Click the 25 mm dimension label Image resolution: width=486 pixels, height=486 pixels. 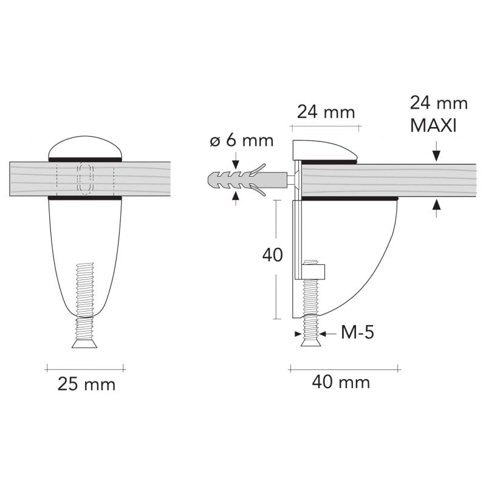tap(86, 385)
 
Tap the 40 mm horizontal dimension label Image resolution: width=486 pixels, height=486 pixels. tap(341, 382)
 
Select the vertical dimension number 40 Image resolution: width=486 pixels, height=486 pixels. tap(272, 255)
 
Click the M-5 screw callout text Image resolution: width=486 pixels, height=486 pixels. tap(357, 333)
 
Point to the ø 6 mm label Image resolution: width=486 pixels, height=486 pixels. tap(241, 141)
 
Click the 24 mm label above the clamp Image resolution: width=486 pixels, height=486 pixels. tap(326, 112)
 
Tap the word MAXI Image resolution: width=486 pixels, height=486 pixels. tap(433, 126)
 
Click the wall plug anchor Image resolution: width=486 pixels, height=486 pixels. tap(247, 180)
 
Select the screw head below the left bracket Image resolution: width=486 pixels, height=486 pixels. tap(85, 344)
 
